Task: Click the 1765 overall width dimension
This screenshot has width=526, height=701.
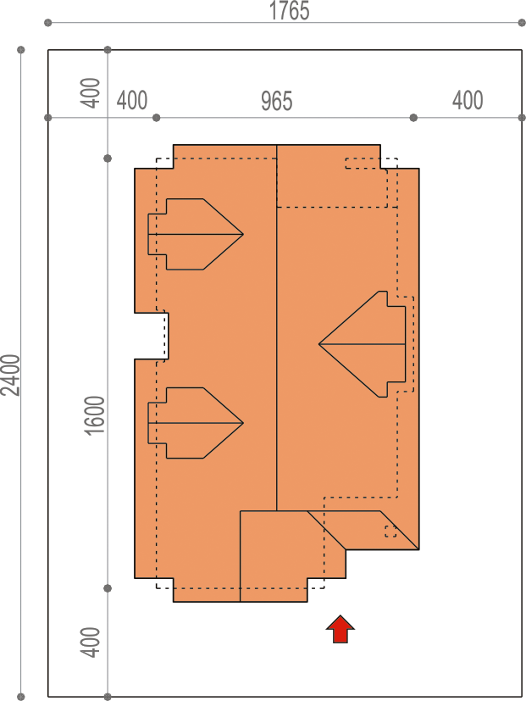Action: click(289, 11)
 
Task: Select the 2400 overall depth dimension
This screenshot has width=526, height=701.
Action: click(10, 376)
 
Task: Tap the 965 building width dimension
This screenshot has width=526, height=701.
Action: click(277, 101)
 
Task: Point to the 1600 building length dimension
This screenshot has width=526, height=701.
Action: click(94, 415)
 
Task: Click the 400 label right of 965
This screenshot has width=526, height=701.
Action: click(468, 100)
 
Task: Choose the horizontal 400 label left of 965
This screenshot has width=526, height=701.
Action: click(132, 100)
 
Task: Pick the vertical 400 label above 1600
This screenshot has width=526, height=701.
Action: click(90, 93)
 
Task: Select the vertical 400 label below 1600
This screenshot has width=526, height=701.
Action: click(90, 642)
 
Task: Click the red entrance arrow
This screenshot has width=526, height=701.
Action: click(341, 629)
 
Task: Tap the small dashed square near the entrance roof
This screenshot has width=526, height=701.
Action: click(390, 531)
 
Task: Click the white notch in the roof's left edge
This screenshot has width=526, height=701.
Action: click(152, 336)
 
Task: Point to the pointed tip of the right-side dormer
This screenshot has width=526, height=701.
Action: click(319, 344)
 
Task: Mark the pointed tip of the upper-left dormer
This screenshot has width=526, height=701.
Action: click(243, 234)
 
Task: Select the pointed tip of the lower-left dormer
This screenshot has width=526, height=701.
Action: click(243, 423)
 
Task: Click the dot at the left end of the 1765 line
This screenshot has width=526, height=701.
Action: click(48, 23)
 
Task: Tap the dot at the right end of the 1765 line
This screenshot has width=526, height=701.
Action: click(522, 23)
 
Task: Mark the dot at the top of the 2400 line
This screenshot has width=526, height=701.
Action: click(21, 50)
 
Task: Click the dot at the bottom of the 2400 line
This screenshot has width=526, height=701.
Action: click(21, 697)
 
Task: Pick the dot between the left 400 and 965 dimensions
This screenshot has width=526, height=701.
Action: click(156, 118)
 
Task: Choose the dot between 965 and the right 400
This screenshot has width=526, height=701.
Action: click(413, 118)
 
